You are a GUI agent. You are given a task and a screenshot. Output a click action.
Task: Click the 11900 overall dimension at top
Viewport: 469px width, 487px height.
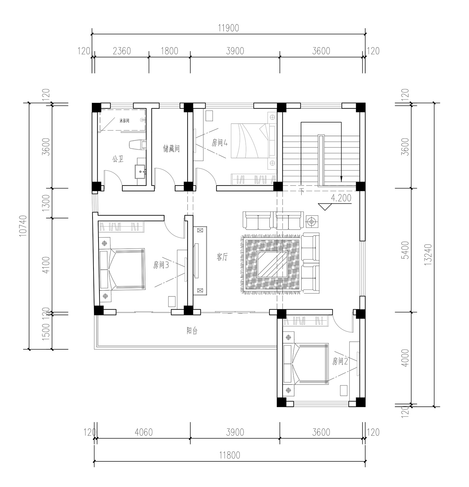tap(228, 28)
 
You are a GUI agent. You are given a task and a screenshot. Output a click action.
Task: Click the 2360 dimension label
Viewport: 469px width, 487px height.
tap(122, 51)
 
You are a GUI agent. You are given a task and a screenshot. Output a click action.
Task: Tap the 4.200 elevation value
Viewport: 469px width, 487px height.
tap(341, 198)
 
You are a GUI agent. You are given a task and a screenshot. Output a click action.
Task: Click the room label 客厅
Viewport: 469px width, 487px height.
tap(222, 257)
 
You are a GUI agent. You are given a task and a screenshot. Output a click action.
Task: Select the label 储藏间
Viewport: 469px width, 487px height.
tap(172, 148)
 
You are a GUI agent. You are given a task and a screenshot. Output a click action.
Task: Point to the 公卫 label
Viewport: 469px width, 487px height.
tap(118, 159)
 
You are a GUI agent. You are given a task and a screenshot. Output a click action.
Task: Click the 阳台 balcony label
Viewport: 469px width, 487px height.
tap(192, 331)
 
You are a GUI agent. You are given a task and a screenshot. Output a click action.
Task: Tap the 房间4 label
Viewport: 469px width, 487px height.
tap(219, 143)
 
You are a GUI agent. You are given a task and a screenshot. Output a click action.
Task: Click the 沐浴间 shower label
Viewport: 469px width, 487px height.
tap(124, 120)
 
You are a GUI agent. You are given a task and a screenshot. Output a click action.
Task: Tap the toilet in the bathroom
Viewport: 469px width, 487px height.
tap(138, 145)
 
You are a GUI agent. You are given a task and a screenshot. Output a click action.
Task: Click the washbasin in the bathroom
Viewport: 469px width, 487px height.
tap(140, 171)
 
